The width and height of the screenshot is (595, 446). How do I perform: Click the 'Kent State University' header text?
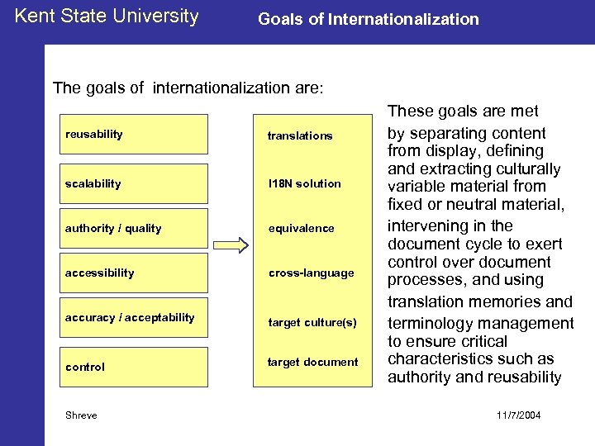pyautogui.click(x=107, y=17)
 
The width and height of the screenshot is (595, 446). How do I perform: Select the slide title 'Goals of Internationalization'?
pyautogui.click(x=368, y=19)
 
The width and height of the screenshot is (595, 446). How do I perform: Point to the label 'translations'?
pyautogui.click(x=299, y=135)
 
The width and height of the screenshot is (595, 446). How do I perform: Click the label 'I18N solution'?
pyautogui.click(x=303, y=183)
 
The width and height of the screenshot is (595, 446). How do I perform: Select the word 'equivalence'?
pyautogui.click(x=300, y=228)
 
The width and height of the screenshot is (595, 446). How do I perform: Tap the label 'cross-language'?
pyautogui.click(x=310, y=273)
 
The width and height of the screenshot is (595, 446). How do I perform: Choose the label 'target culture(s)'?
pyautogui.click(x=312, y=322)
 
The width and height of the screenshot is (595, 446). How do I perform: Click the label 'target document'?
pyautogui.click(x=312, y=362)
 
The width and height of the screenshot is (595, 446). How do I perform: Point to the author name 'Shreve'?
pyautogui.click(x=81, y=415)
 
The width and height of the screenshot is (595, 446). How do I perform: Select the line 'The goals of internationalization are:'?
pyautogui.click(x=188, y=88)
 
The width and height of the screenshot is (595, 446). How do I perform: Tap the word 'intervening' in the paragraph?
pyautogui.click(x=427, y=225)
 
